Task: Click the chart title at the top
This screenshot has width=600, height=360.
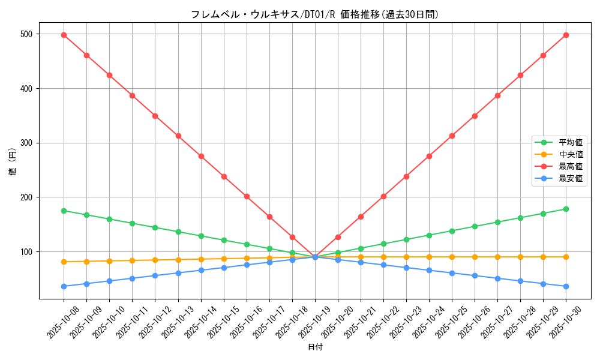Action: pos(314,14)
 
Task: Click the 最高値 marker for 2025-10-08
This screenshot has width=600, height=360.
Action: pos(64,35)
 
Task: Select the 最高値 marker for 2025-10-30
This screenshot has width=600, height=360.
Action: pos(566,35)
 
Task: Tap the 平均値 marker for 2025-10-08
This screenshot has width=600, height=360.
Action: pos(64,211)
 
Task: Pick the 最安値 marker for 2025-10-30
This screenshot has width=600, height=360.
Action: pos(566,286)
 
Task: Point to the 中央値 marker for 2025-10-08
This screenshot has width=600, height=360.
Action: pos(64,262)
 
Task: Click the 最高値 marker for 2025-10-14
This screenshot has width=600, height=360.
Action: pos(201,156)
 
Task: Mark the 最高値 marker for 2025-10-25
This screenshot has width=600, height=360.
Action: pos(452,136)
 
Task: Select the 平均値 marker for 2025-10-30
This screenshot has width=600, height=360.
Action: pos(566,209)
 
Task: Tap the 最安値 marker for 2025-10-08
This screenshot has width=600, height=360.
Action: pos(64,286)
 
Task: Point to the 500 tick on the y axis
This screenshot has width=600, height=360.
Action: pos(28,34)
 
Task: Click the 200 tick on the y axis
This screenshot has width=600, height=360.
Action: pos(28,197)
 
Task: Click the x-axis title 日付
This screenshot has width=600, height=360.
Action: pos(315,347)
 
